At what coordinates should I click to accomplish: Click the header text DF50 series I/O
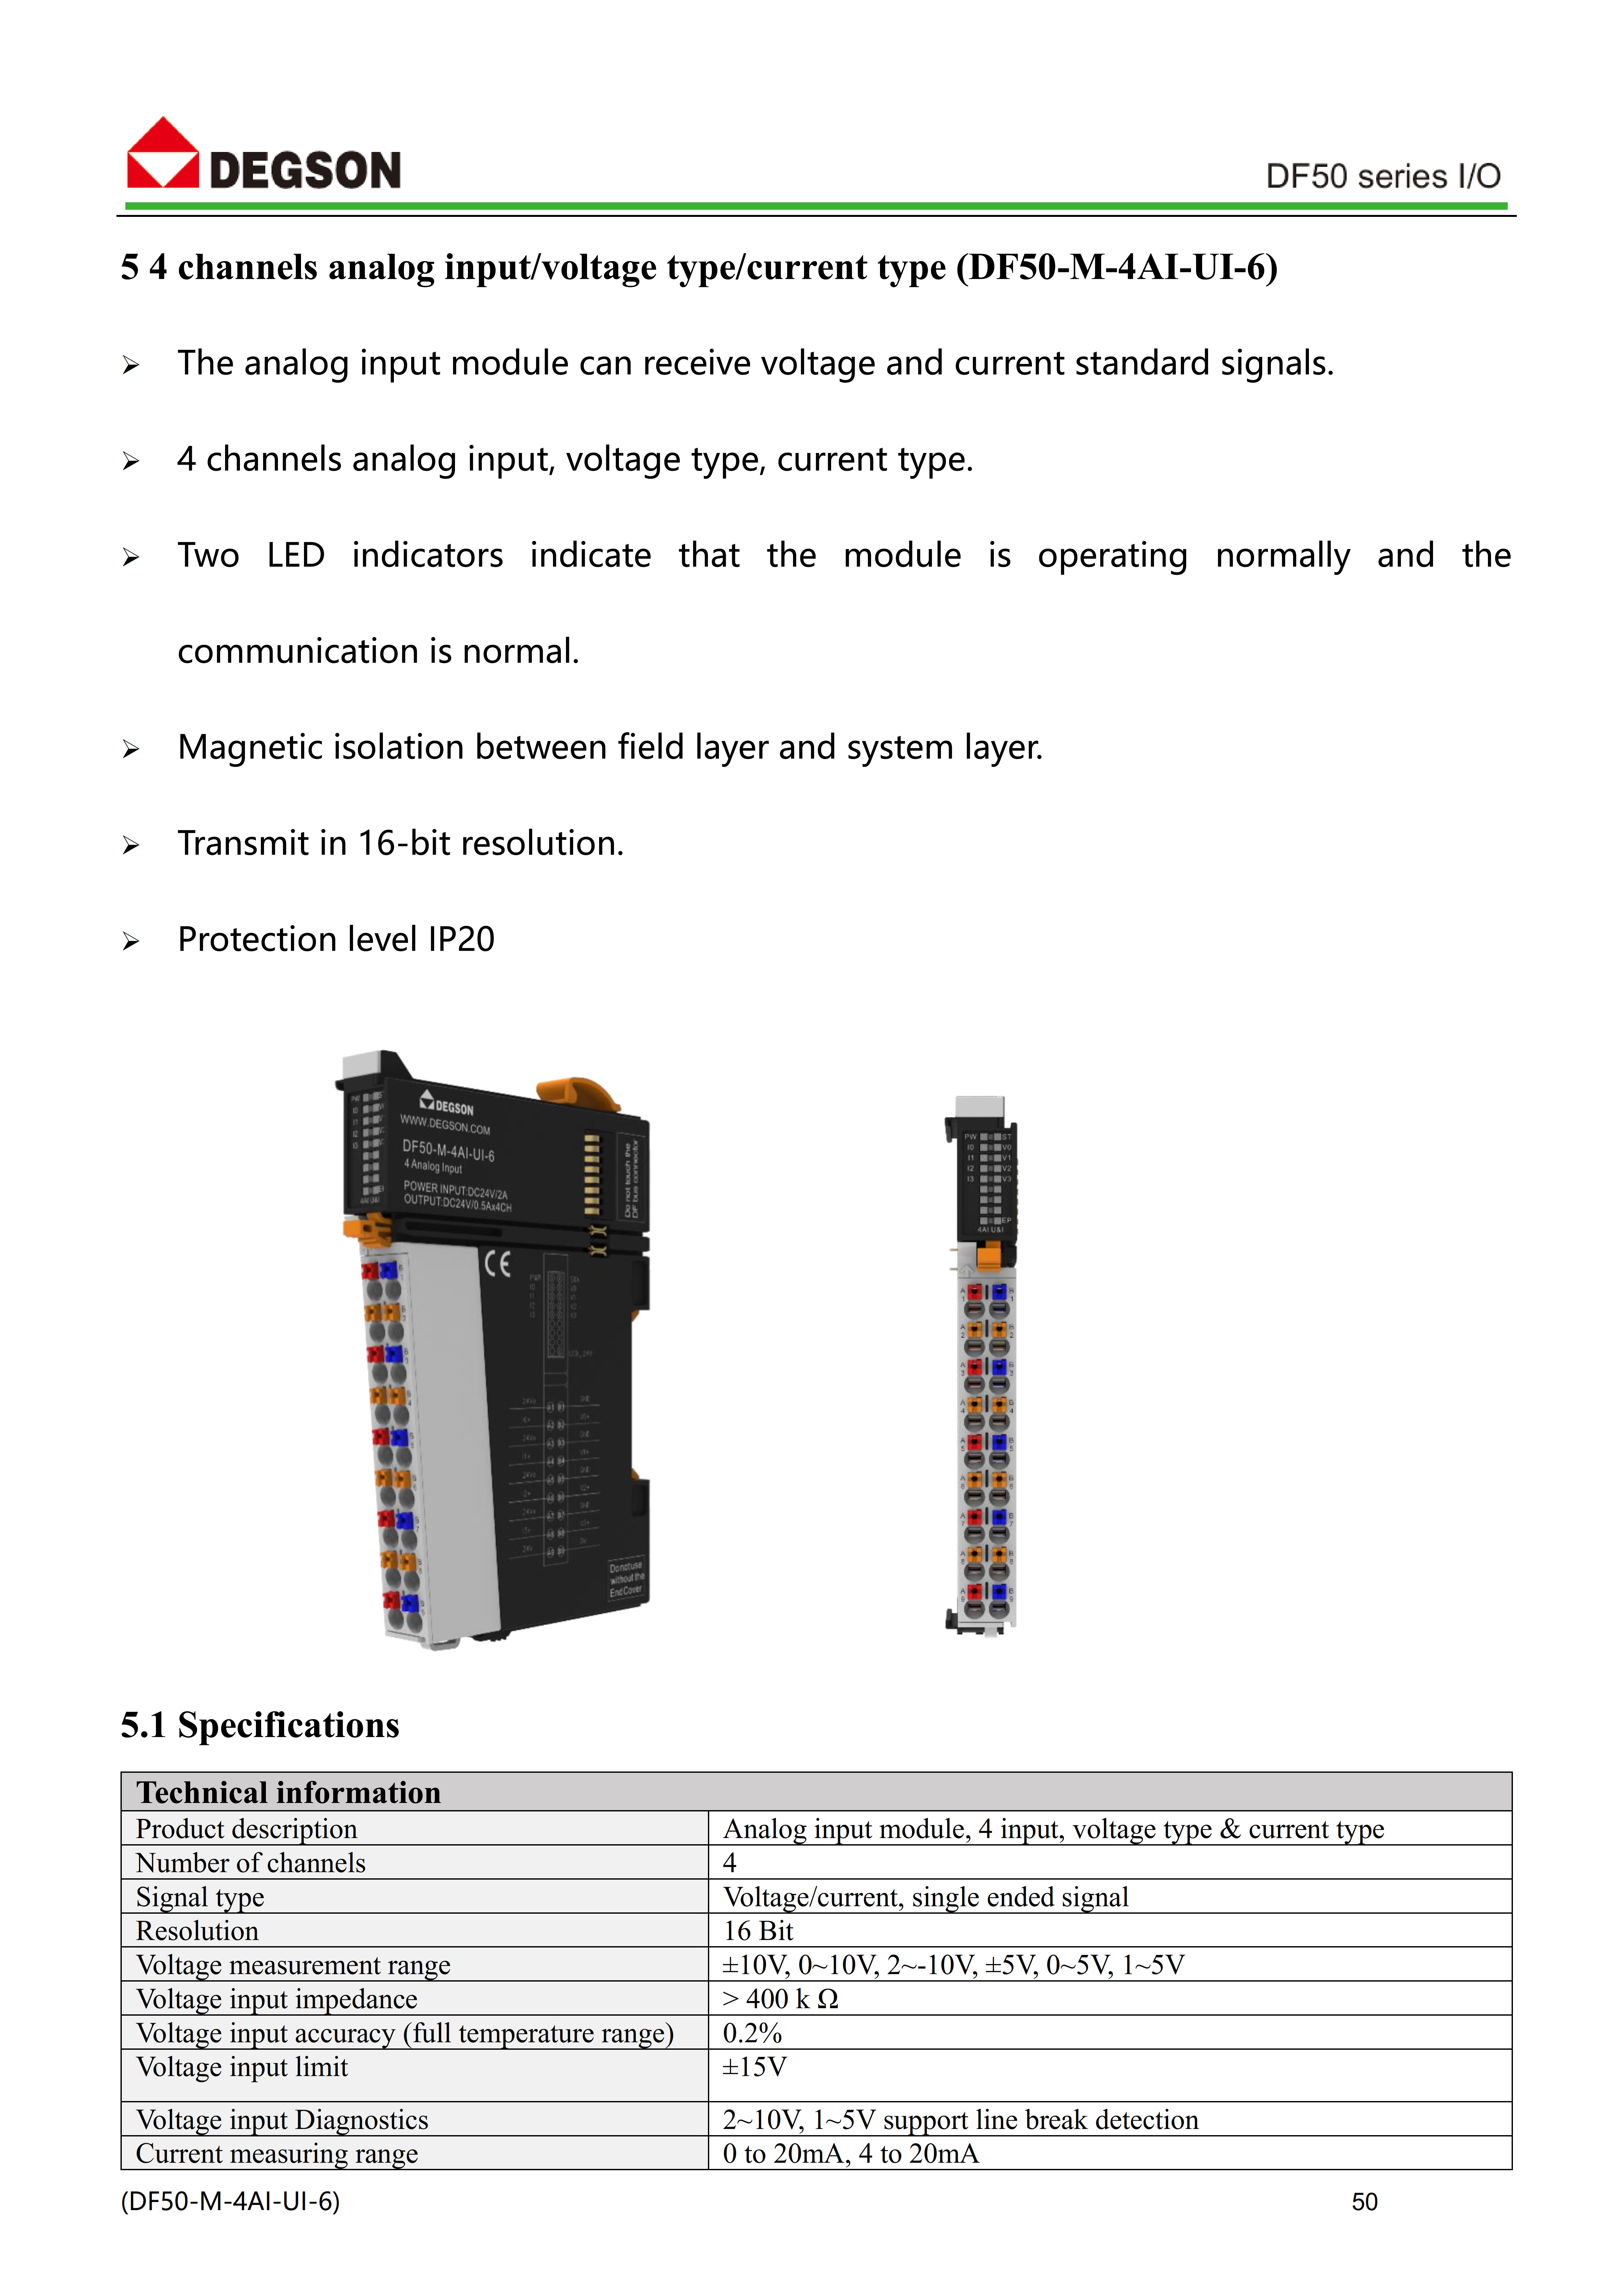1382,177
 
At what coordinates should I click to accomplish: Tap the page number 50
1364,2202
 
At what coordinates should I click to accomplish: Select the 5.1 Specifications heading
260,1725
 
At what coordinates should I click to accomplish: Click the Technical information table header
289,1792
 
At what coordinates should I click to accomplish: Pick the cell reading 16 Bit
758,1931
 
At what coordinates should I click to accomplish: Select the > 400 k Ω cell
781,1999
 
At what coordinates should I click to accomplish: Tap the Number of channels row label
251,1863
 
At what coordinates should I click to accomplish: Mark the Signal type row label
200,1897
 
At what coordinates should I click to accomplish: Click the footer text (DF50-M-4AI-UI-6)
230,2202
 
